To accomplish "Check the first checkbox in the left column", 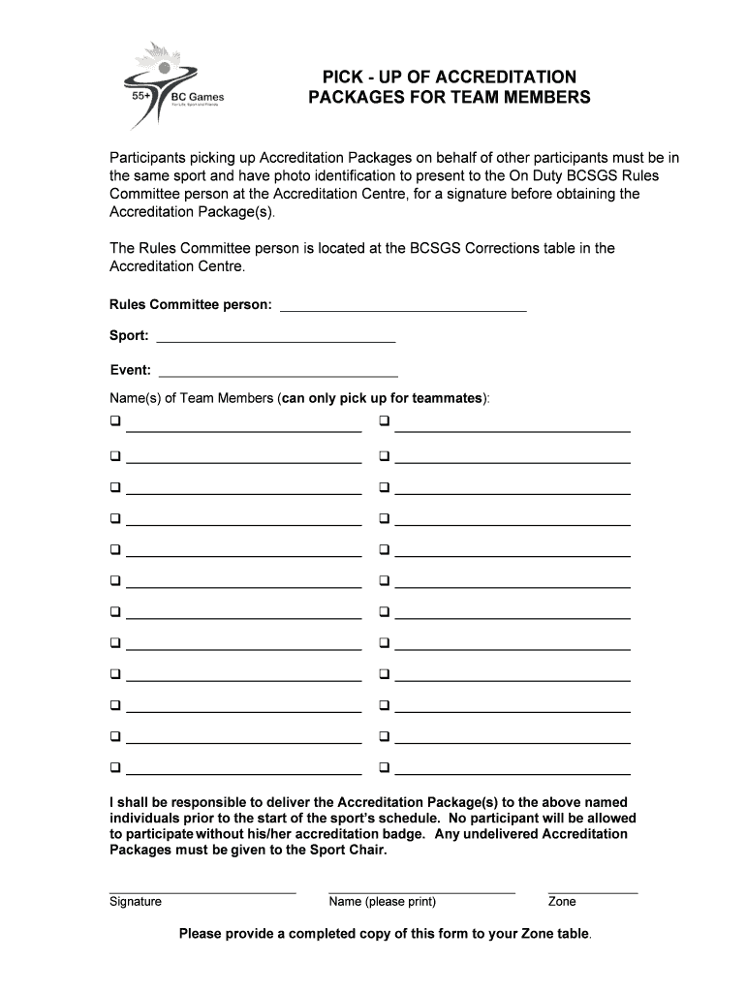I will click(x=114, y=422).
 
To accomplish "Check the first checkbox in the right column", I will click(x=384, y=422).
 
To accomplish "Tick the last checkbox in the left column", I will click(x=114, y=767).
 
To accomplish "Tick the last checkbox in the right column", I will click(x=384, y=767).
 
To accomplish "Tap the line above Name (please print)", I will click(x=421, y=888).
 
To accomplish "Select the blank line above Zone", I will click(x=592, y=888).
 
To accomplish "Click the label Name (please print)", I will click(x=383, y=902).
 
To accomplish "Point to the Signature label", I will click(x=136, y=902).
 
